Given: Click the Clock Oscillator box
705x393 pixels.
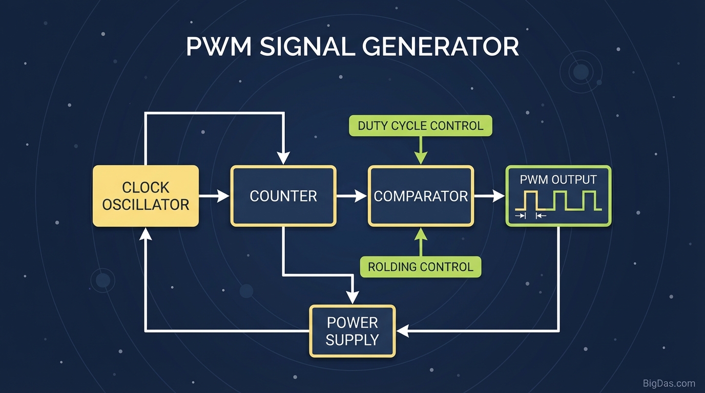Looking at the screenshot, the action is tap(146, 196).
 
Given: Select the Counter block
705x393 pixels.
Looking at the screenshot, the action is tap(283, 196).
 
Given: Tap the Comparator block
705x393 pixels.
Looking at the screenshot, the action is tap(421, 196).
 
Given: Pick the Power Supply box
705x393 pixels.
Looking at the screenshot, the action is tap(352, 331).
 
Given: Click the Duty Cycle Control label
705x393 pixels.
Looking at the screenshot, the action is tap(421, 126).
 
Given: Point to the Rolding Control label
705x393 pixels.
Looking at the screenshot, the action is tap(421, 267).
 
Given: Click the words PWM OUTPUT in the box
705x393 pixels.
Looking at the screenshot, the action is tap(558, 180).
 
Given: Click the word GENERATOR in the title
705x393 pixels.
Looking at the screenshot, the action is tap(440, 47).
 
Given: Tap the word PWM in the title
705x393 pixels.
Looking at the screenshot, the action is tap(219, 47).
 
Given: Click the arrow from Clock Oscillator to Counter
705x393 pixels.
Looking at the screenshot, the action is tap(214, 196).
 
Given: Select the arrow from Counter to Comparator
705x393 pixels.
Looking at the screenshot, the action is tap(352, 196).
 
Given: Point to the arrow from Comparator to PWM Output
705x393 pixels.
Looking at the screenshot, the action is tap(489, 196).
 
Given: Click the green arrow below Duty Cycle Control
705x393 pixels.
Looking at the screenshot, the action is tap(421, 150).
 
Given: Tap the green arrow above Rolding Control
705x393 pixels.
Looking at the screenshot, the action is tap(421, 242).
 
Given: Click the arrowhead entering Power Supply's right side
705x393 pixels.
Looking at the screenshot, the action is tap(403, 331).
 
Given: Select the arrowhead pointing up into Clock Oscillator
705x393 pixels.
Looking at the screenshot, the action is tap(146, 234).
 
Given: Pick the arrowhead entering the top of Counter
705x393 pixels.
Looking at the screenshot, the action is tap(283, 158).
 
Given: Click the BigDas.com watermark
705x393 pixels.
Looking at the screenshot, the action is tap(669, 384).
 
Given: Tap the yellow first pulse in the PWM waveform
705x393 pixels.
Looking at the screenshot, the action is tap(530, 200).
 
